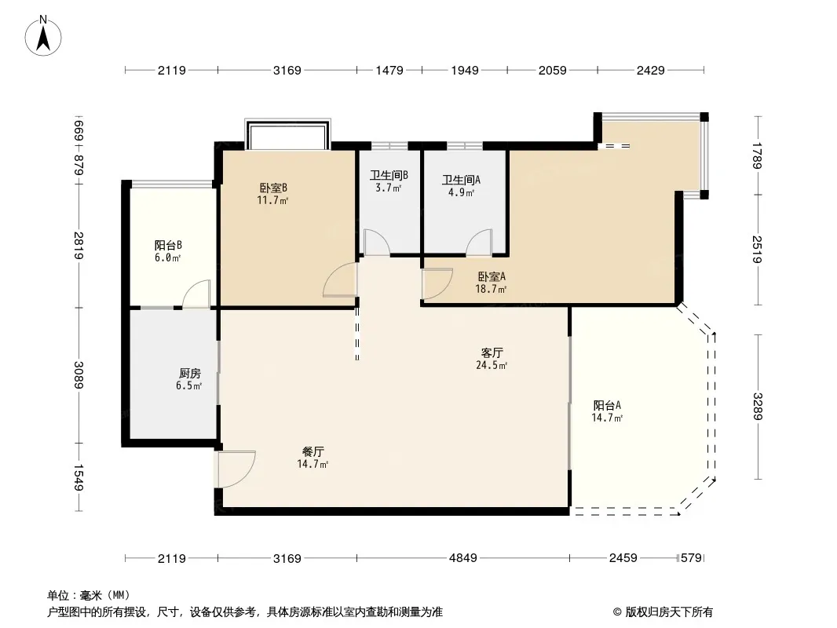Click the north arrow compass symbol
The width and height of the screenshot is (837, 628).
(x=43, y=36)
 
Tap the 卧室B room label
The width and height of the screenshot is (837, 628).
(x=273, y=188)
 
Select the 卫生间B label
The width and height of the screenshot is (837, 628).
(x=389, y=175)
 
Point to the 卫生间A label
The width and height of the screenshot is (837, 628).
(x=461, y=180)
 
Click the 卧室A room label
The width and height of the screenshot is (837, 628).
(x=491, y=276)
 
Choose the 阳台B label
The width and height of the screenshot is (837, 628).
(x=168, y=245)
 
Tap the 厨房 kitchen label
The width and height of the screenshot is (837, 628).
(x=189, y=373)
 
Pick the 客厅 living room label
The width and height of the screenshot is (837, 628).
(x=492, y=352)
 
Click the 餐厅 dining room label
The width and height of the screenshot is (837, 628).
(x=313, y=451)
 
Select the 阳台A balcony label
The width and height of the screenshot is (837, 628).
(x=607, y=405)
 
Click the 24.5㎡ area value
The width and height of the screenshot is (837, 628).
(x=492, y=366)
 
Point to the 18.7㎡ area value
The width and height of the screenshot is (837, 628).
(x=491, y=289)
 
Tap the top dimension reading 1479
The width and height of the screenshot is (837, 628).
(x=389, y=70)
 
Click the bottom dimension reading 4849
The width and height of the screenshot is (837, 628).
(x=462, y=558)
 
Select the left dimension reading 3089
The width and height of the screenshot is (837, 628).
(x=79, y=375)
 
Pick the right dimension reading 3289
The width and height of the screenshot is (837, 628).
(x=758, y=407)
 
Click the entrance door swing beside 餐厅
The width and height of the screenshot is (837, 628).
(x=237, y=469)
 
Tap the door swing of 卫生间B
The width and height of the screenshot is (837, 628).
(x=377, y=243)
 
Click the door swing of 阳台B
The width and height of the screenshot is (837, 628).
(x=196, y=294)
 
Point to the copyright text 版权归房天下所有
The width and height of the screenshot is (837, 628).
(x=668, y=612)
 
